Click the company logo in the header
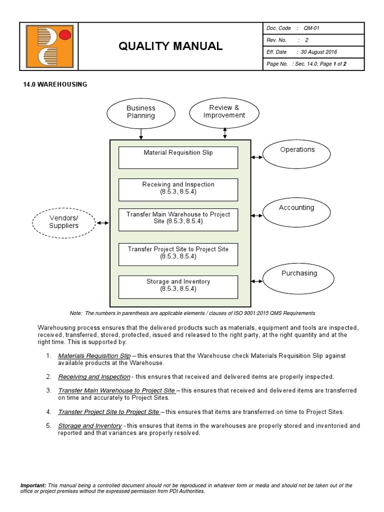pyautogui.click(x=49, y=46)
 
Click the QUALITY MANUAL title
pyautogui.click(x=170, y=46)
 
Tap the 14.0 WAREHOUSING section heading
pyautogui.click(x=55, y=84)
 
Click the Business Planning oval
pyautogui.click(x=141, y=112)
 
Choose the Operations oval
pyautogui.click(x=297, y=153)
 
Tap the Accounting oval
pyautogui.click(x=296, y=211)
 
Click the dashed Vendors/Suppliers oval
pyautogui.click(x=63, y=222)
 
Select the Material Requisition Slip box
pyautogui.click(x=178, y=157)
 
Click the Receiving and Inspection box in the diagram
pyautogui.click(x=178, y=188)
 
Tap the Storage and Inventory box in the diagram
pyautogui.click(x=178, y=285)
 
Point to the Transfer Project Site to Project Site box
pyautogui.click(x=178, y=253)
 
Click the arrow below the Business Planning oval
pyautogui.click(x=141, y=133)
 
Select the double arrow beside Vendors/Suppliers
pyautogui.click(x=103, y=223)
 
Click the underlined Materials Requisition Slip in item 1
pyautogui.click(x=94, y=355)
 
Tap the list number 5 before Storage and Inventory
pyautogui.click(x=48, y=426)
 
